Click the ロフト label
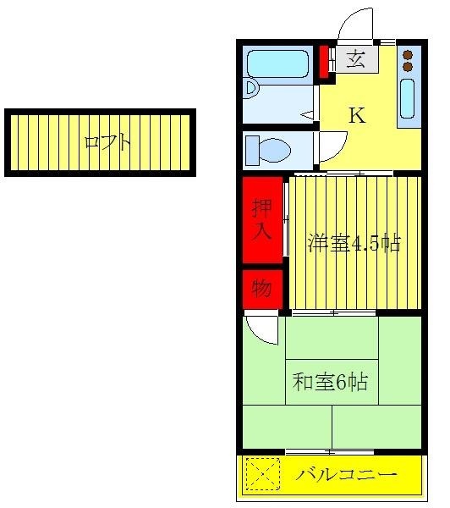(x=107, y=142)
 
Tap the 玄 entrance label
(x=357, y=59)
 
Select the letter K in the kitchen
(x=357, y=115)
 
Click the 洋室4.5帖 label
(x=353, y=244)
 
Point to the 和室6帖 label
(x=330, y=382)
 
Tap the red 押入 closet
(x=261, y=219)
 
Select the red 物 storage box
(x=261, y=289)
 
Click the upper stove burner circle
(x=409, y=55)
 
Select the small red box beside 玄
(x=322, y=60)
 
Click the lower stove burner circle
(x=409, y=66)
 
